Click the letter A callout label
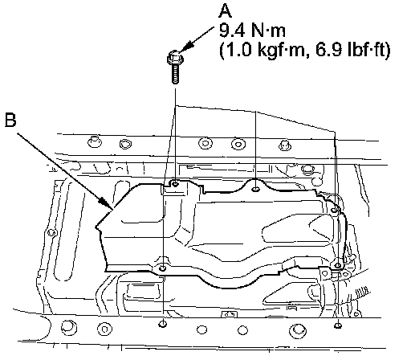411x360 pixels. click(225, 11)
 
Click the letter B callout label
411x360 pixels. click(10, 121)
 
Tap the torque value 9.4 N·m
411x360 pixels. click(252, 31)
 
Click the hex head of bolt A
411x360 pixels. click(175, 58)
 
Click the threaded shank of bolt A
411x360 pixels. click(175, 74)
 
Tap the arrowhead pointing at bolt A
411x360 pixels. click(187, 46)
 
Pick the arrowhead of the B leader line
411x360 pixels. click(105, 203)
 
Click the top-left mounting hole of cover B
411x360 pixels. click(175, 184)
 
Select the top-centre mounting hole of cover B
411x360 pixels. click(256, 190)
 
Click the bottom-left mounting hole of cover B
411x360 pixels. click(163, 268)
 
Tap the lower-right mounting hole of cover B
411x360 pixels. click(338, 265)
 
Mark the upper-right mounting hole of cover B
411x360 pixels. click(334, 211)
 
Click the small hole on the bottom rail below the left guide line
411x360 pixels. click(163, 325)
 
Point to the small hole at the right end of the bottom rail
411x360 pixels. click(338, 325)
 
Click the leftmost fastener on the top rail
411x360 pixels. click(95, 141)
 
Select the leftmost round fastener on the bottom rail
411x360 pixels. click(69, 327)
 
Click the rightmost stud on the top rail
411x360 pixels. click(285, 145)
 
